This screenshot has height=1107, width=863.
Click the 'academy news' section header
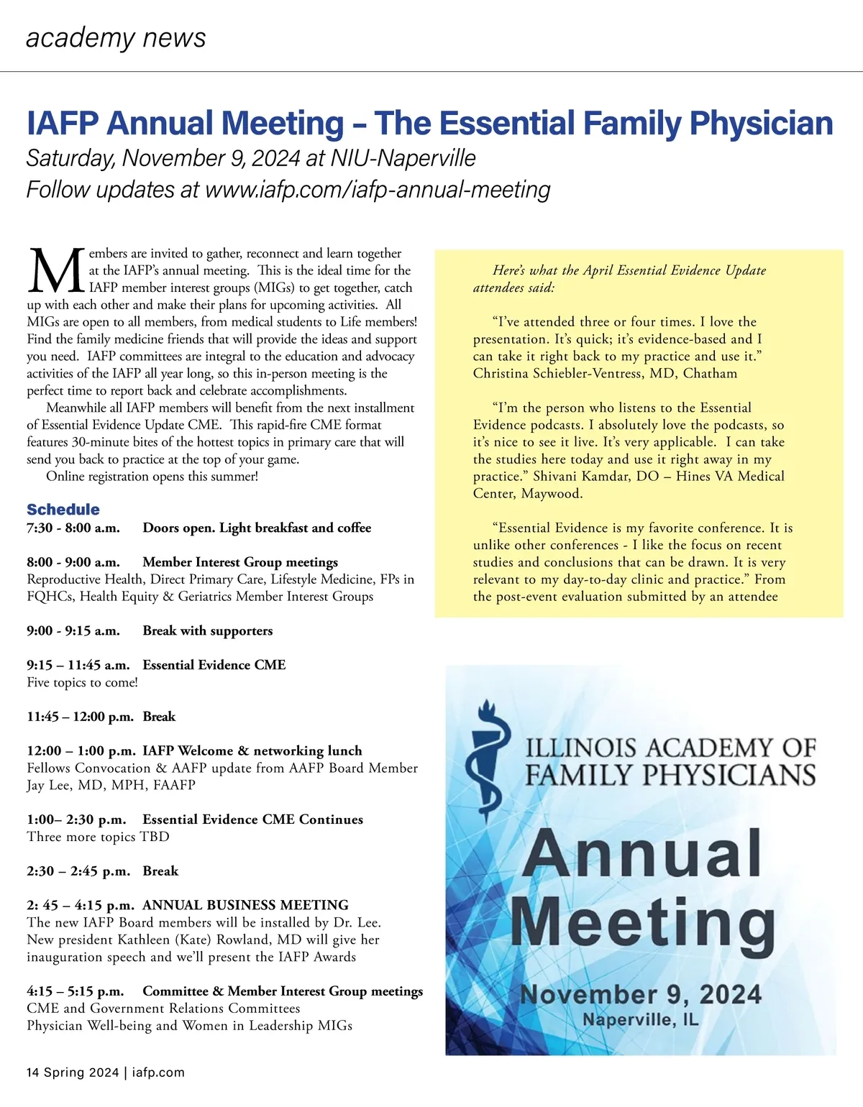(116, 37)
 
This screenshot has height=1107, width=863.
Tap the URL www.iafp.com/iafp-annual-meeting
(378, 190)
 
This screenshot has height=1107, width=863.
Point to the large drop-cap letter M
(56, 271)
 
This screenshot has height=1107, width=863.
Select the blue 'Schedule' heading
(63, 510)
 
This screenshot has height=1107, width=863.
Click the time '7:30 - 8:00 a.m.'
(73, 528)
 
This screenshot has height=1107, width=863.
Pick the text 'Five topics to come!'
(82, 682)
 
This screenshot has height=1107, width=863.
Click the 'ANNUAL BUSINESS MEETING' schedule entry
(245, 905)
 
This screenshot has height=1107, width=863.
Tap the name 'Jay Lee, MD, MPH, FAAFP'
(111, 785)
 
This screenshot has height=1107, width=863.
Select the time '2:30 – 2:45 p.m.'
(78, 871)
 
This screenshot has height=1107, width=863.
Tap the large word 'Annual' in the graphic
(642, 853)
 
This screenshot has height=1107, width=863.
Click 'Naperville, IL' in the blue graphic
(640, 1020)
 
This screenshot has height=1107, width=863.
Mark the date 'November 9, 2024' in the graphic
(640, 995)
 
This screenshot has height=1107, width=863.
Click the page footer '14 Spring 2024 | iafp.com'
(106, 1072)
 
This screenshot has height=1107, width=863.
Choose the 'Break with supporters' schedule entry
(208, 631)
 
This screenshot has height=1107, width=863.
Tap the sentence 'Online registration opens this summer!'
(152, 477)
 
